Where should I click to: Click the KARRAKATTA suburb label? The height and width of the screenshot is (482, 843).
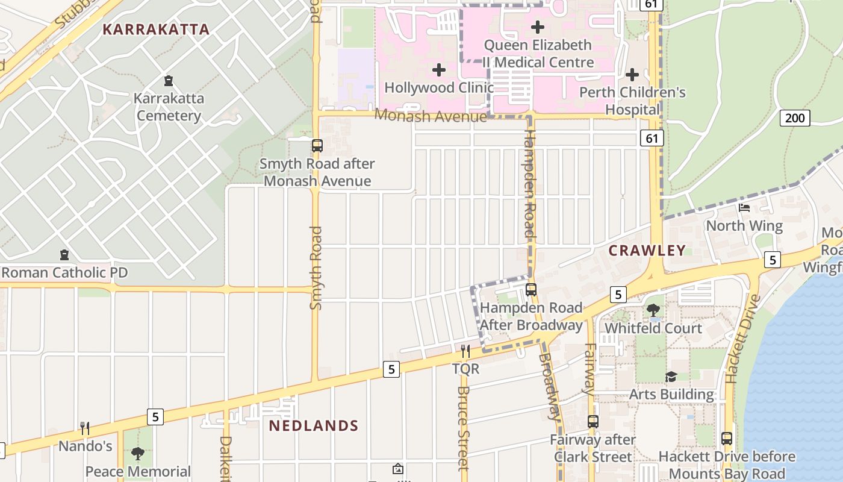(156, 30)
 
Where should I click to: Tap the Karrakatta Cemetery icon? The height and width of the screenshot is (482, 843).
(169, 80)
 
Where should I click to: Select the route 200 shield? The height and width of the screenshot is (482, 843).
(795, 117)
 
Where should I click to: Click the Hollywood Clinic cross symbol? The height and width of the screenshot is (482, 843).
(439, 70)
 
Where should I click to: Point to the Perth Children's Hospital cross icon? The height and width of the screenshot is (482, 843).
(632, 75)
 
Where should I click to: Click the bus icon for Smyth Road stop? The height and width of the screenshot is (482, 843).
(317, 146)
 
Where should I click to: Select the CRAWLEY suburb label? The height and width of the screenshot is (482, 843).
(647, 251)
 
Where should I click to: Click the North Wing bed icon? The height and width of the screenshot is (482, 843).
(744, 208)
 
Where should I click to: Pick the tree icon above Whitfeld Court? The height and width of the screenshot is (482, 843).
(653, 310)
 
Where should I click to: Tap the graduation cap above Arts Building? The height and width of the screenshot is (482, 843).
(671, 377)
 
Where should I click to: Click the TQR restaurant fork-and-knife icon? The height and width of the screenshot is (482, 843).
(465, 351)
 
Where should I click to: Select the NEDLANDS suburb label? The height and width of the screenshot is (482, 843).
(313, 426)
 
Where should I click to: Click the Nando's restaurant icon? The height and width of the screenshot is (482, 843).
(85, 428)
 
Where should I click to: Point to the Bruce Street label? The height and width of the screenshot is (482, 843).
(463, 428)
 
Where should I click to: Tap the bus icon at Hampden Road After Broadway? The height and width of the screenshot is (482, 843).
(530, 290)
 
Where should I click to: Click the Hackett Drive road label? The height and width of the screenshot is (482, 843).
(739, 339)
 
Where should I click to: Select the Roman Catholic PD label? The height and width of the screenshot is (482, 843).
(64, 273)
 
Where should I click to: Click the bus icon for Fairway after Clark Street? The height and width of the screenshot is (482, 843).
(593, 422)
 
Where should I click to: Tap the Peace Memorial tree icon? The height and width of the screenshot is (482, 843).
(138, 453)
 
